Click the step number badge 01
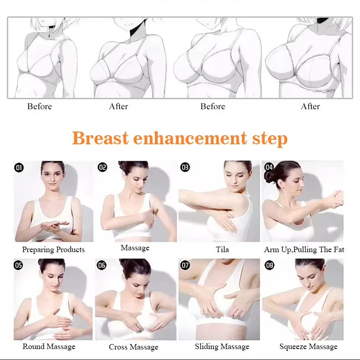pyautogui.click(x=19, y=167)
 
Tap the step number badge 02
pyautogui.click(x=102, y=167)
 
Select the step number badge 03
pyautogui.click(x=185, y=167)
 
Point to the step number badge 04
pyautogui.click(x=269, y=167)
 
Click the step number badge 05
pyautogui.click(x=18, y=265)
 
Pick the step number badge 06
pyautogui.click(x=102, y=265)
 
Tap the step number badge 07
pyautogui.click(x=185, y=265)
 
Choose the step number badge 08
pyautogui.click(x=269, y=265)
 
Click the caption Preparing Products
pyautogui.click(x=53, y=249)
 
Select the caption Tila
pyautogui.click(x=222, y=249)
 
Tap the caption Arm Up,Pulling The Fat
pyautogui.click(x=304, y=249)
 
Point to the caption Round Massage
pyautogui.click(x=49, y=346)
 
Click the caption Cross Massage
pyautogui.click(x=134, y=347)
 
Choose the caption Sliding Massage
pyautogui.click(x=222, y=346)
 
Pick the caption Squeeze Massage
pyautogui.click(x=309, y=346)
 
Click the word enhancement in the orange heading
pyautogui.click(x=190, y=138)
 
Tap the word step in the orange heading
pyautogui.click(x=270, y=139)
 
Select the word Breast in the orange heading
pyautogui.click(x=100, y=138)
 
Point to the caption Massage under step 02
pyautogui.click(x=135, y=248)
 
